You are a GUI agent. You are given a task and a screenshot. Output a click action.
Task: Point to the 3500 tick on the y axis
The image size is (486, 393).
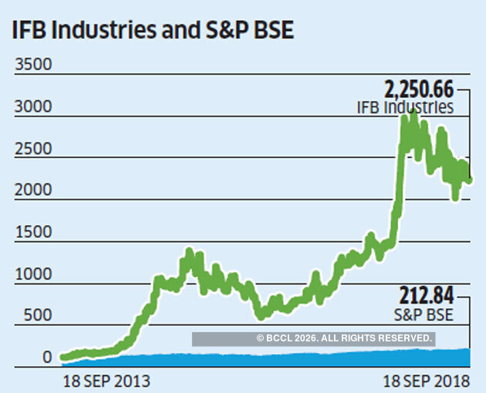point(33,64)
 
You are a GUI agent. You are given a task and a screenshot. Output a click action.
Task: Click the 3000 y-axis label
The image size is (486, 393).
point(33,106)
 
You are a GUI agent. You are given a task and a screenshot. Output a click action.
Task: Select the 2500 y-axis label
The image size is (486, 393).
point(33,148)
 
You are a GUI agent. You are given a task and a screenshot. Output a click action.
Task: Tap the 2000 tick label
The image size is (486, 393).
point(33,190)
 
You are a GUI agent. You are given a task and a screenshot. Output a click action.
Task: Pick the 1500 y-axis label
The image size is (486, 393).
point(33,232)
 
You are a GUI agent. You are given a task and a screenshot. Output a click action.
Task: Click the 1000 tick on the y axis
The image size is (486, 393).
point(33,274)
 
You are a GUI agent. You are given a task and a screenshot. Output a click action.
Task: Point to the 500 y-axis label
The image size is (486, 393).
point(37,315)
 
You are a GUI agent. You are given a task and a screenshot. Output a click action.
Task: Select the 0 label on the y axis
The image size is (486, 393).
point(47,358)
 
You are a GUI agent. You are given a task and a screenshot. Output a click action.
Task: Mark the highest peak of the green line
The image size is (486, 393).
point(414,113)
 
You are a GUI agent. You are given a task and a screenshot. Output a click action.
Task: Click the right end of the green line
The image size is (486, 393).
point(470,180)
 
